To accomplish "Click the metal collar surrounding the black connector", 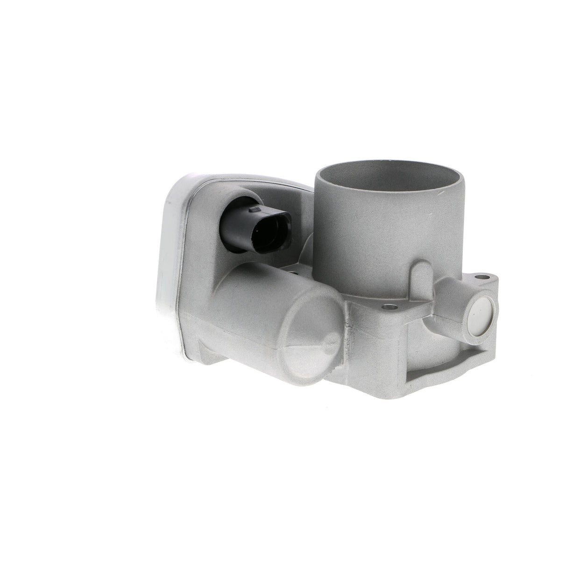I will [x=243, y=196].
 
